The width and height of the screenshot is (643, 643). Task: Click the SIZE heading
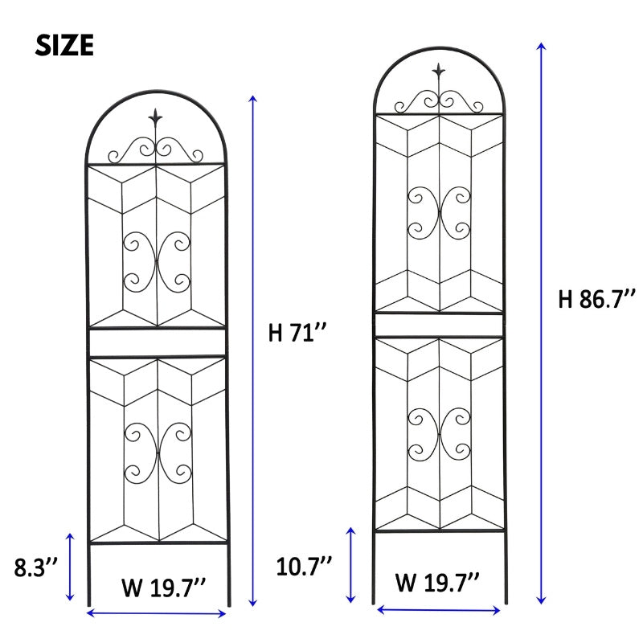coord(64,45)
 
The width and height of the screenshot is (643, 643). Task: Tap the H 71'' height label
coord(297,332)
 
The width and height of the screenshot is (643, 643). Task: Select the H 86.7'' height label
coord(597,298)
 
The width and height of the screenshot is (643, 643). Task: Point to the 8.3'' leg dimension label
coord(35,567)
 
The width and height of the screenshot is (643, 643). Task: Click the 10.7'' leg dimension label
coord(304,567)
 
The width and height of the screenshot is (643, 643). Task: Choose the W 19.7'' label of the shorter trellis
coord(164,588)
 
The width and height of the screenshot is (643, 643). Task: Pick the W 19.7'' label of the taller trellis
coord(437,581)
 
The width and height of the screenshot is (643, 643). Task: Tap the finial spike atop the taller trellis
coord(438,72)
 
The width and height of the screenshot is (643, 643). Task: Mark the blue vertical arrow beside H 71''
coord(253,350)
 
